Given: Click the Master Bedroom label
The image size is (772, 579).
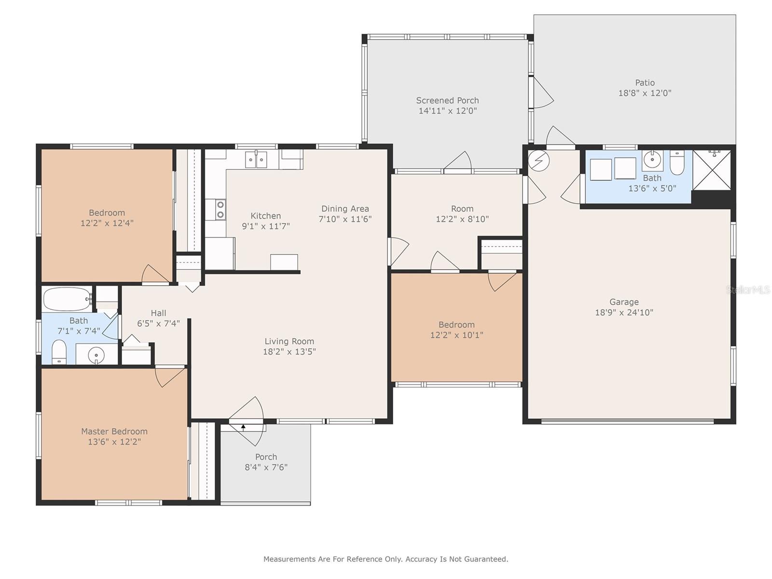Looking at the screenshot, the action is click(114, 431).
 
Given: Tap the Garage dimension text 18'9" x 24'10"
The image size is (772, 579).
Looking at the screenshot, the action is click(624, 313).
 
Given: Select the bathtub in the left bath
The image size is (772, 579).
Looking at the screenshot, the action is click(68, 299).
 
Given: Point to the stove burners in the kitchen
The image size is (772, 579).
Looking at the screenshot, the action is click(221, 209).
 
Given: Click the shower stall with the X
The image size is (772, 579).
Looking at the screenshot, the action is click(712, 170).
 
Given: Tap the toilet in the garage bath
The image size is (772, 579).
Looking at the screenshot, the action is click(677, 163).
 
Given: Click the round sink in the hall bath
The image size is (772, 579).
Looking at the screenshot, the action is click(96, 355).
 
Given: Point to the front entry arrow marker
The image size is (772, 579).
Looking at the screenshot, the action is click(243, 427).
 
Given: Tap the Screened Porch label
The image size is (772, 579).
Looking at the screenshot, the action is click(447, 100).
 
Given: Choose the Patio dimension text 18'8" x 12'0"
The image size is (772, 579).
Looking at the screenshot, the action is click(645, 93).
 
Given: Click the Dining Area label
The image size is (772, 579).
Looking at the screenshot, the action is click(345, 209).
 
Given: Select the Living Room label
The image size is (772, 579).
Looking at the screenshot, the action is click(289, 341).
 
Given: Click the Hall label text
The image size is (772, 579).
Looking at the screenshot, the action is click(158, 313).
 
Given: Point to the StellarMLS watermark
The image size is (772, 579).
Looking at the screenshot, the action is click(748, 289).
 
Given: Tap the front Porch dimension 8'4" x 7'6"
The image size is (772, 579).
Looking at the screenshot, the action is click(266, 467).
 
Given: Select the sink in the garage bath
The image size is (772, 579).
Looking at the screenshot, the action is click(652, 160).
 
